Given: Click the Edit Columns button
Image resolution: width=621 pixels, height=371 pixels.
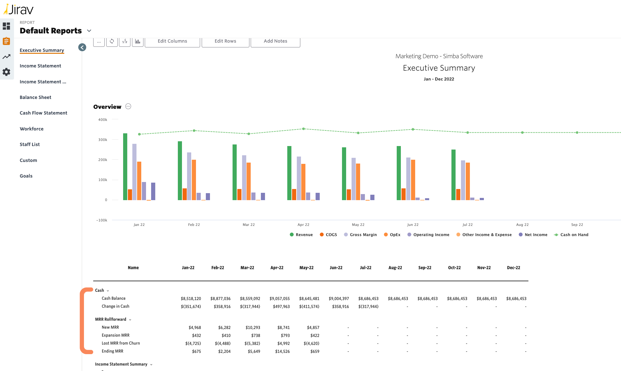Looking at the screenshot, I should click(x=172, y=41).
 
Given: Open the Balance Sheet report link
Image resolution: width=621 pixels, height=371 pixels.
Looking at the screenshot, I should click(x=35, y=97).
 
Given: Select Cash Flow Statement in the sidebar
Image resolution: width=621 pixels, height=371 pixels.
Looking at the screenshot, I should click(x=43, y=113).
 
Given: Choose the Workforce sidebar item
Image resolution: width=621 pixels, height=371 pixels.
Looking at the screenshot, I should click(x=31, y=129).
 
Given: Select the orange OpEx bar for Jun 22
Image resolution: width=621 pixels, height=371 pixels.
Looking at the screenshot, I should click(x=413, y=179).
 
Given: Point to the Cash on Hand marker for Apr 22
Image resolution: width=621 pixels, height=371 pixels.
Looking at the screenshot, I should click(x=304, y=129).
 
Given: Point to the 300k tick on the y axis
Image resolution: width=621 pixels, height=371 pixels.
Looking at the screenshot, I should click(x=103, y=140).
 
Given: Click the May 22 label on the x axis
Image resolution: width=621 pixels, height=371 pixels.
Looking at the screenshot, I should click(x=358, y=225).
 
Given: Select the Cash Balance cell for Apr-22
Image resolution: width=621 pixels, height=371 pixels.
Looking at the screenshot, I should click(x=279, y=299).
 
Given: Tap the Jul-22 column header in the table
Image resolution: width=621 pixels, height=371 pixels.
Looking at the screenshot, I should click(x=366, y=268).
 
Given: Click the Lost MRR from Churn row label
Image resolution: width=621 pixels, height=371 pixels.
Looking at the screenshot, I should click(x=121, y=343).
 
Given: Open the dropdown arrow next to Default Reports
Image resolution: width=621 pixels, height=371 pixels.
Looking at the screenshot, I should click(x=89, y=31).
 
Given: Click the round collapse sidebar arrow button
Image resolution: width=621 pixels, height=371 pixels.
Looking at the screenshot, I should click(x=82, y=47).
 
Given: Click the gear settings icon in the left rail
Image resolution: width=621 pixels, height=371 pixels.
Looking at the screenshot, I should click(x=6, y=72).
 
